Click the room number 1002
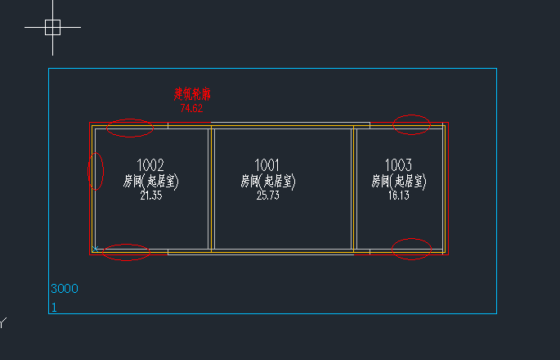point(150,164)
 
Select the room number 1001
point(267,164)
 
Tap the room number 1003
point(398,164)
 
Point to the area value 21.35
point(150,196)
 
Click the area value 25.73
point(267,196)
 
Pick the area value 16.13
point(398,196)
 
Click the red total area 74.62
point(191,108)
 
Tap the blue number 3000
point(65,289)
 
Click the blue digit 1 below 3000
point(55,308)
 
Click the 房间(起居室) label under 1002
point(150,181)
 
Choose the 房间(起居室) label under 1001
point(267,181)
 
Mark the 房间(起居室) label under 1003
point(398,181)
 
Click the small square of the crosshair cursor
point(52,28)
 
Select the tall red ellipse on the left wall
point(96,171)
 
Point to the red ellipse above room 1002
point(130,128)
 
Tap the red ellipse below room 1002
point(128,252)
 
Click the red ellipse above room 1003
point(411,124)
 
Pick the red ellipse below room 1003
point(411,249)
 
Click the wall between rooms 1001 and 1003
point(353,188)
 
